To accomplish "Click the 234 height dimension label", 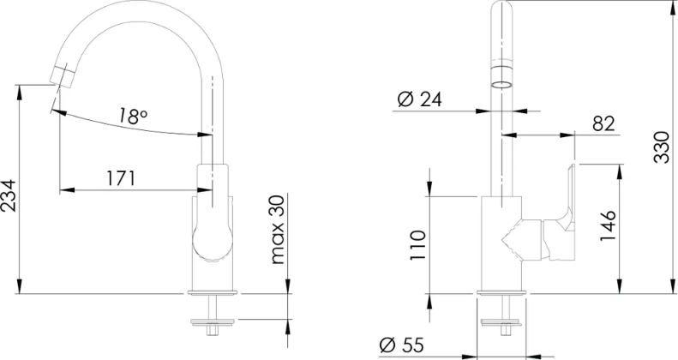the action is click(x=9, y=195).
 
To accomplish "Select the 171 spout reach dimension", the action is click(x=121, y=178).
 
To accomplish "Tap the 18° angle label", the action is click(x=133, y=117).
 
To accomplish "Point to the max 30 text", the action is click(x=278, y=230).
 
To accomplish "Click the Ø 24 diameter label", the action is click(x=419, y=99).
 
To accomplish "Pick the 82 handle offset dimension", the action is click(x=603, y=124).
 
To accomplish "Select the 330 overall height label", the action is click(x=661, y=147).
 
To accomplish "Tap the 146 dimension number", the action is click(x=608, y=226).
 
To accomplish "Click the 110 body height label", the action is click(x=418, y=245).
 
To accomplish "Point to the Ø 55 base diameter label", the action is click(x=402, y=345).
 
